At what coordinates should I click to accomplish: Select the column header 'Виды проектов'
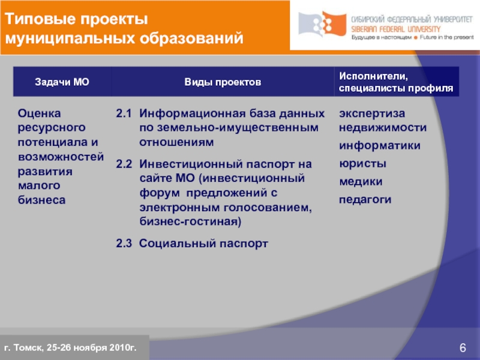[x=223, y=82]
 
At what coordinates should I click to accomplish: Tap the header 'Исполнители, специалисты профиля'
[x=396, y=82]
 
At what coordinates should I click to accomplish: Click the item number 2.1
[x=123, y=113]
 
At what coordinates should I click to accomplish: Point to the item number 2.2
[x=123, y=163]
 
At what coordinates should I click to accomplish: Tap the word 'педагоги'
[x=365, y=199]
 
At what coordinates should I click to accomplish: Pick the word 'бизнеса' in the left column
[x=41, y=200]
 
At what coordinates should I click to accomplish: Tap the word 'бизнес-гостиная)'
[x=190, y=222]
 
